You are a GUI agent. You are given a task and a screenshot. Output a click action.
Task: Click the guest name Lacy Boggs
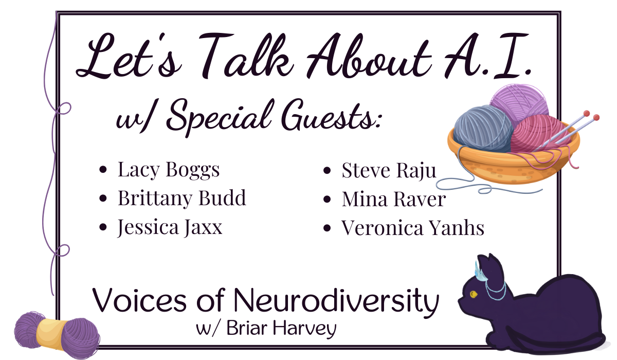[169, 170]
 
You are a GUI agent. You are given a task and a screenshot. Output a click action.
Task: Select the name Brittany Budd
[182, 199]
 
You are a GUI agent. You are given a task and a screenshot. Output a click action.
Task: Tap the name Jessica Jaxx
[170, 227]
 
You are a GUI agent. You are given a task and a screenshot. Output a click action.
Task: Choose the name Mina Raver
[394, 199]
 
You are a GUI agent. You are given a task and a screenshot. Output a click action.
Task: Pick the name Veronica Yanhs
[413, 228]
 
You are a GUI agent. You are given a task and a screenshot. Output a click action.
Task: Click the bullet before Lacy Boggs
[103, 169]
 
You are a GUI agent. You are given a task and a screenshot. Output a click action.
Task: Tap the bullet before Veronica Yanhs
[327, 228]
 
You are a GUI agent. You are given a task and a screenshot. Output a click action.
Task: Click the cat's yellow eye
[474, 294]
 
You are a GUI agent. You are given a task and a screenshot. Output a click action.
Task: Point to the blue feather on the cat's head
[480, 273]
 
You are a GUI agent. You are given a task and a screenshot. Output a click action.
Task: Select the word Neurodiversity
[336, 301]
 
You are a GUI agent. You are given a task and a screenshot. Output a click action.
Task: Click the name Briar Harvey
[281, 329]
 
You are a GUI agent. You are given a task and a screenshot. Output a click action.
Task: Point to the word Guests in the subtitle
[331, 118]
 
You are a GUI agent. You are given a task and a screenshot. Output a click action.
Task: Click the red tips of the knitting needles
[591, 116]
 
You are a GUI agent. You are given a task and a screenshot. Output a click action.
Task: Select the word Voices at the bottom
[139, 300]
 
